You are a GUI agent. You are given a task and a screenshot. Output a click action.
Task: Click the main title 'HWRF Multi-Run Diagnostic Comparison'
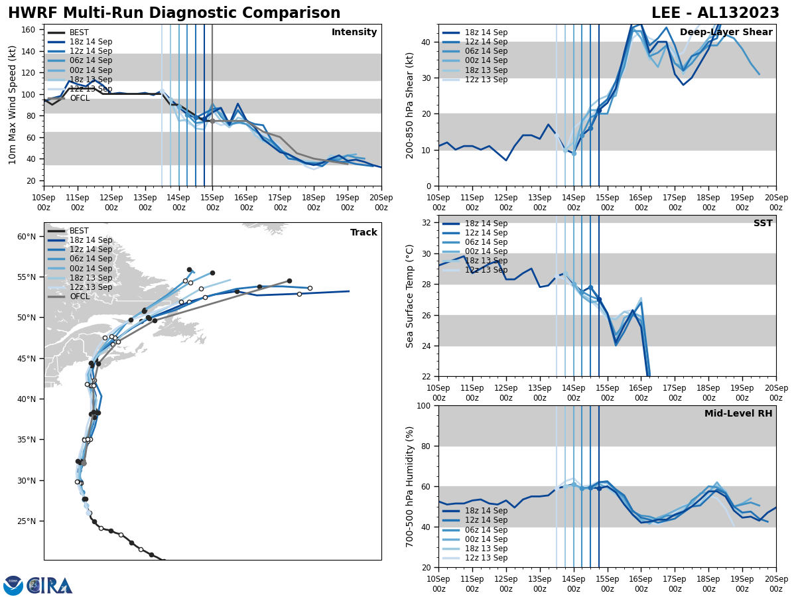174,13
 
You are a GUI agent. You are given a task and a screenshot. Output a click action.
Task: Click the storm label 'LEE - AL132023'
715,13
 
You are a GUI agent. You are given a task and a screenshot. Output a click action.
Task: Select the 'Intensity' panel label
354,33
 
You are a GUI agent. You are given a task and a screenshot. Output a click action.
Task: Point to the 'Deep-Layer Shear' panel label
726,33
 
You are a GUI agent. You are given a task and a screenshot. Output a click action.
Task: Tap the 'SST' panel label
763,224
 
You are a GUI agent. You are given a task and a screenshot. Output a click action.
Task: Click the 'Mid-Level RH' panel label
738,414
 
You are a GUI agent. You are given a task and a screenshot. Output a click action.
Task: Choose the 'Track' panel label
364,233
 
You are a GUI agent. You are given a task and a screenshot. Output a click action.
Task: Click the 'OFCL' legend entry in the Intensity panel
80,98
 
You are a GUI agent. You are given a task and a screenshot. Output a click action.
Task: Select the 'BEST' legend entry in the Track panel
79,231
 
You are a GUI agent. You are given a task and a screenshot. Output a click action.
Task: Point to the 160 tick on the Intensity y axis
29,30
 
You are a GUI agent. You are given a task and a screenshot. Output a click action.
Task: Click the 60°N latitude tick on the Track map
27,237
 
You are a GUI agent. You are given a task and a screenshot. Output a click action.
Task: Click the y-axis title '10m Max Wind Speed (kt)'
12,105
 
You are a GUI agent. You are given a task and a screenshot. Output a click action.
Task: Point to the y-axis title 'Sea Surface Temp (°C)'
410,296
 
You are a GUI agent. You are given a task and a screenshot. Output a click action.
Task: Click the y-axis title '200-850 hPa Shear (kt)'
410,105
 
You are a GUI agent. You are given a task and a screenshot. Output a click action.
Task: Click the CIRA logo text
50,586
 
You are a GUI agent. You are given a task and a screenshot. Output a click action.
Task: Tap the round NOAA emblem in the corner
13,586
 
